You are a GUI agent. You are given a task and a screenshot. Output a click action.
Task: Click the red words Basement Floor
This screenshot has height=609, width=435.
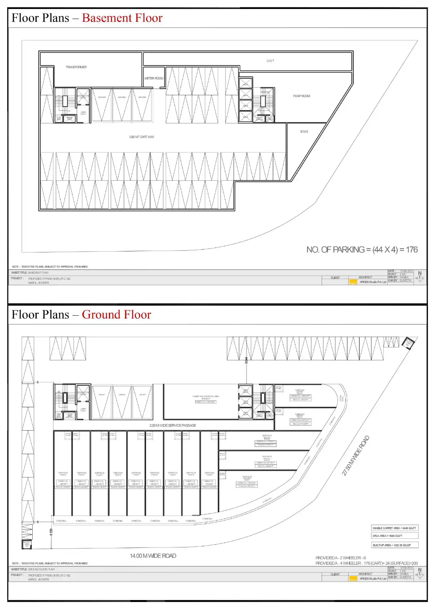[122, 18]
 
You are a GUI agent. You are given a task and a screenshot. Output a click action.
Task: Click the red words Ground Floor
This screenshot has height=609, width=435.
[116, 315]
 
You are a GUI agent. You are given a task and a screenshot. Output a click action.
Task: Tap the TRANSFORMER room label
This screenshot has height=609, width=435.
[76, 67]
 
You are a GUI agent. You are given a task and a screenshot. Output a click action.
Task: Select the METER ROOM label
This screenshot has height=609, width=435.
[154, 79]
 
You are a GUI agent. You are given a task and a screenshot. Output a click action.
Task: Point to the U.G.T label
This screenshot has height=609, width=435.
[270, 61]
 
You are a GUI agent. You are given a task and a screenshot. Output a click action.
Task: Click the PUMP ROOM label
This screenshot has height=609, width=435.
[301, 96]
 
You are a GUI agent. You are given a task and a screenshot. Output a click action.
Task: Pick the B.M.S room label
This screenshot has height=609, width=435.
[304, 132]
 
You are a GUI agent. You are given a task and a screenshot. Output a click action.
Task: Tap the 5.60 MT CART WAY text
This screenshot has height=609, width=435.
[142, 137]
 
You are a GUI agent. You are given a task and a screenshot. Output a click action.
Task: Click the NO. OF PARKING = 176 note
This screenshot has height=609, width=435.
[362, 250]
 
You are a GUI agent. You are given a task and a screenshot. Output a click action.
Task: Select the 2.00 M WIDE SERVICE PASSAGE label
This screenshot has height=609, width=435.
[173, 426]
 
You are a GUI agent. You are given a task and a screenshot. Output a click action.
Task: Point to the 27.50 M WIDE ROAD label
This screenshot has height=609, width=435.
[356, 456]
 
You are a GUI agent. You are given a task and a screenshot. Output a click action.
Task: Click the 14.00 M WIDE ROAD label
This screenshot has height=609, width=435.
[153, 556]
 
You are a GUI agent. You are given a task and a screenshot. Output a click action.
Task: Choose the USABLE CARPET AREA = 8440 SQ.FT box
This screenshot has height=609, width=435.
[394, 528]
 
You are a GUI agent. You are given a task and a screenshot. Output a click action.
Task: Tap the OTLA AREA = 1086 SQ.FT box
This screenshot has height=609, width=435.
[394, 536]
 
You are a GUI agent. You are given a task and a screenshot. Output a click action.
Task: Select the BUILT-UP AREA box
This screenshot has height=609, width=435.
[394, 545]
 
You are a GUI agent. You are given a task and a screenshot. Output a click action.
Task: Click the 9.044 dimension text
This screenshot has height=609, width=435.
[246, 360]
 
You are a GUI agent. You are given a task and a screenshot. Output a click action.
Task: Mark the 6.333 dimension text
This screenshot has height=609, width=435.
[51, 532]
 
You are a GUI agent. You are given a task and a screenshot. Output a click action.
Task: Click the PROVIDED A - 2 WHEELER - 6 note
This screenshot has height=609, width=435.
[340, 558]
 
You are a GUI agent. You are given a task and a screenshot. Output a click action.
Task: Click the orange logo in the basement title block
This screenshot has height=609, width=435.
[353, 282]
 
